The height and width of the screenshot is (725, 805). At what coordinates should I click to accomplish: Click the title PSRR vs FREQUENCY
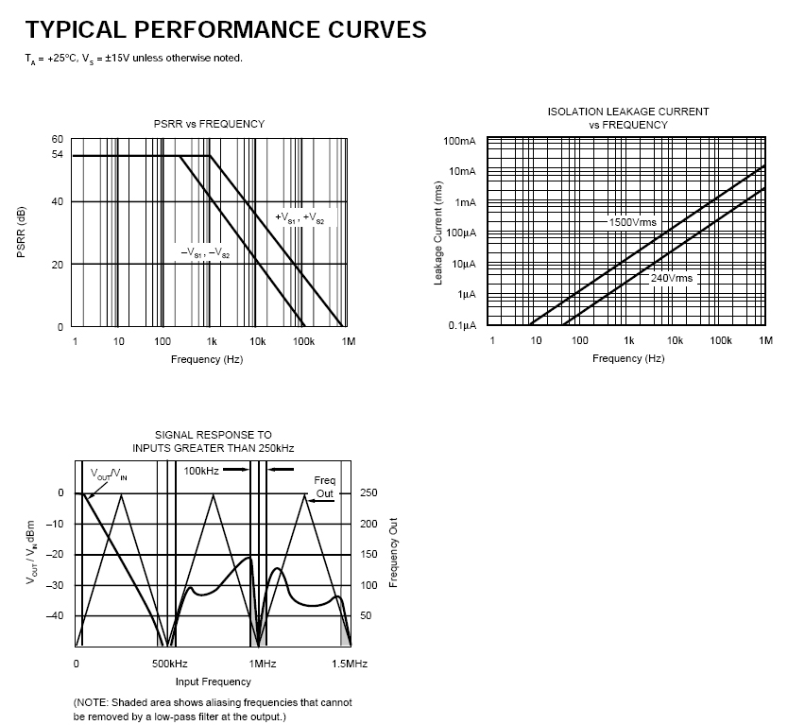209,124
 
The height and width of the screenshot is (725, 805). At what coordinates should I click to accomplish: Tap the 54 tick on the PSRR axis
58,155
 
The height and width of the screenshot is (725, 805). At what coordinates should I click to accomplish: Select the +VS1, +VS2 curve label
300,218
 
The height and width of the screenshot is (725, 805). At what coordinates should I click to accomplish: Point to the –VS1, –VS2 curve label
206,253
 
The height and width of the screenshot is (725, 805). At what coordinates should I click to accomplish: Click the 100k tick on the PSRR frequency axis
304,341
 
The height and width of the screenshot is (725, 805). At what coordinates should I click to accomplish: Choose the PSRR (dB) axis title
21,232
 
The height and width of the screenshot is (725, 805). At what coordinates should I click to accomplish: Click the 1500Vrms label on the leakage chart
632,222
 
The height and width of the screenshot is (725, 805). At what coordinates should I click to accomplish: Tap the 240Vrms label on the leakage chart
672,278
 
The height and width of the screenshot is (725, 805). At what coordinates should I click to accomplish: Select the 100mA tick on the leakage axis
460,141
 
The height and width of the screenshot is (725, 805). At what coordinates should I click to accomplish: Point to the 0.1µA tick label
461,326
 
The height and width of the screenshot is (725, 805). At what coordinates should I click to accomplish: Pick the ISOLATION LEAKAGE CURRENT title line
628,112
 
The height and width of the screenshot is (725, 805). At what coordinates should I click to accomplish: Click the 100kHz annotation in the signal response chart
202,470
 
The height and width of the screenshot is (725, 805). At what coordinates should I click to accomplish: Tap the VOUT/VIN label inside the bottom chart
109,474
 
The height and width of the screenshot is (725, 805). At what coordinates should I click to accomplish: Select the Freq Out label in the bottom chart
324,487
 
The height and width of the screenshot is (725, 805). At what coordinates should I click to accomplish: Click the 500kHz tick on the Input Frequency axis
169,664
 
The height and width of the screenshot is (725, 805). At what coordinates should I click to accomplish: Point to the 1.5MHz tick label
349,664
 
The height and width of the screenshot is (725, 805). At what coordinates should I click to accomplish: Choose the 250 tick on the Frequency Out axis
368,493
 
